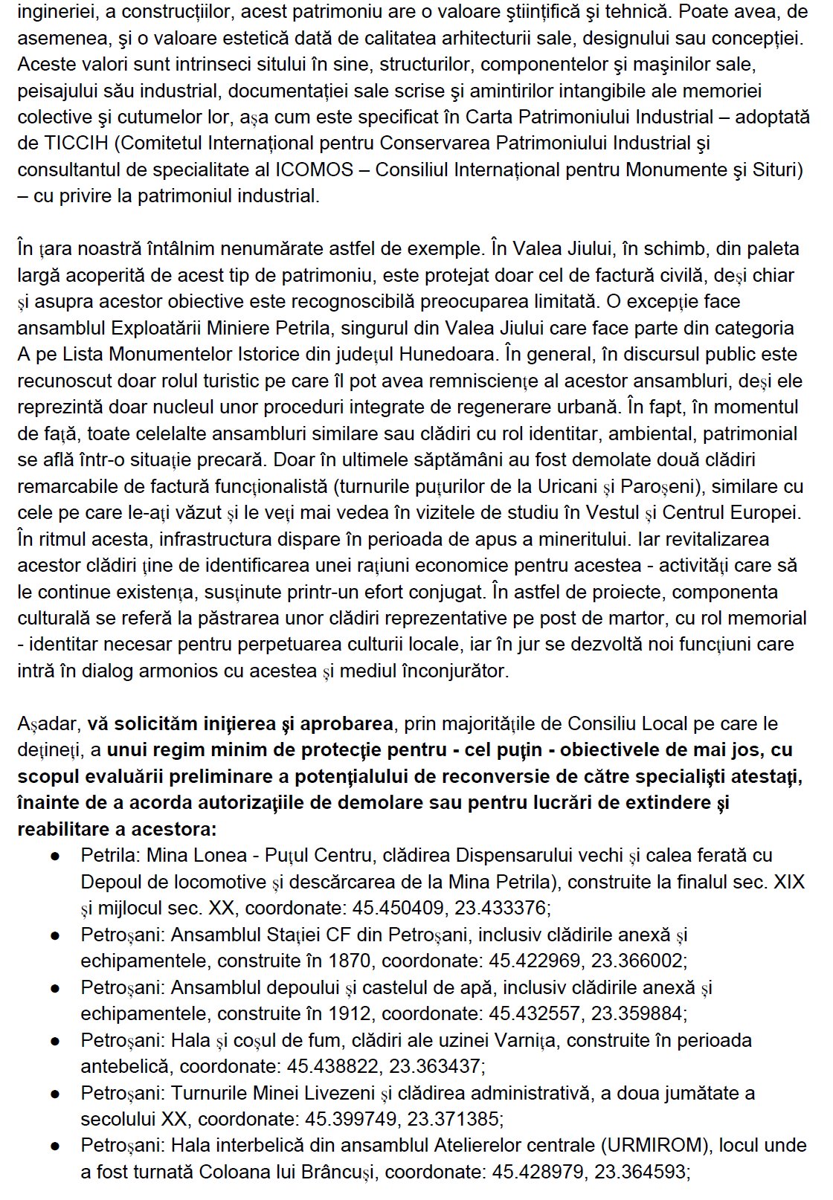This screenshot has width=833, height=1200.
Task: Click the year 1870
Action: (350, 961)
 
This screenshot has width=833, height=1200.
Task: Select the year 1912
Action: (350, 1013)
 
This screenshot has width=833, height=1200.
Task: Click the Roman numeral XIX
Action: (789, 882)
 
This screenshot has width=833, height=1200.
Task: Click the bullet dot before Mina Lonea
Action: (55, 856)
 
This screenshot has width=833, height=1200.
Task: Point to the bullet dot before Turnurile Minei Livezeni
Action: (55, 1094)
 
